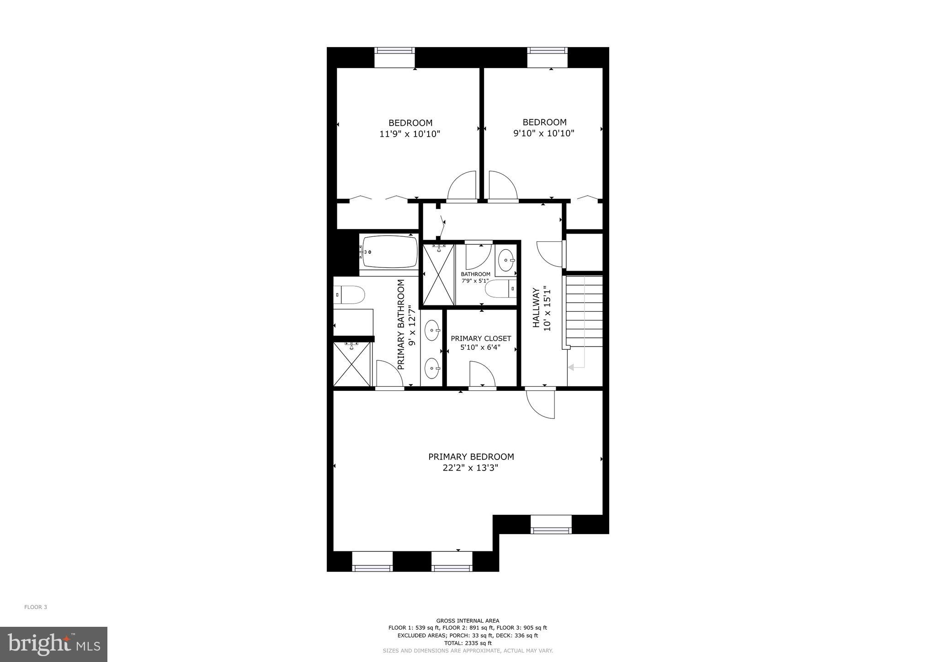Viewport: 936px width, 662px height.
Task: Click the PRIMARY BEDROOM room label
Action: click(471, 457)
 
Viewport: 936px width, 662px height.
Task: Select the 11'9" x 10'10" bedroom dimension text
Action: click(409, 134)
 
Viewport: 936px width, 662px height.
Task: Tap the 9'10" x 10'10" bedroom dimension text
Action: click(543, 133)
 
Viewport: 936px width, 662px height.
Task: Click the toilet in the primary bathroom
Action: click(349, 295)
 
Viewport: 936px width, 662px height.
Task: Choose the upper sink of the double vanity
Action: click(432, 330)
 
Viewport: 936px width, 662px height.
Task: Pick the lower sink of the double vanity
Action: click(432, 368)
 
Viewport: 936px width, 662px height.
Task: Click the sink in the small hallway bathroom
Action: click(506, 260)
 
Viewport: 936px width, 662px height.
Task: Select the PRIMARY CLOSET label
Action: click(481, 338)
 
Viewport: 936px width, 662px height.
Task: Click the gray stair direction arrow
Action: click(576, 367)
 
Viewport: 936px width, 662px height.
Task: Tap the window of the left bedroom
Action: click(394, 58)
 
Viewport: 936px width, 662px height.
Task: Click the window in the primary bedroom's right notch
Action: click(551, 524)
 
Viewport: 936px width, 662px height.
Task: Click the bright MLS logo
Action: click(53, 644)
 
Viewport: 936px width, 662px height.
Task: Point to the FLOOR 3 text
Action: click(36, 607)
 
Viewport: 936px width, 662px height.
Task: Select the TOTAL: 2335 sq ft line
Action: click(468, 643)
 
